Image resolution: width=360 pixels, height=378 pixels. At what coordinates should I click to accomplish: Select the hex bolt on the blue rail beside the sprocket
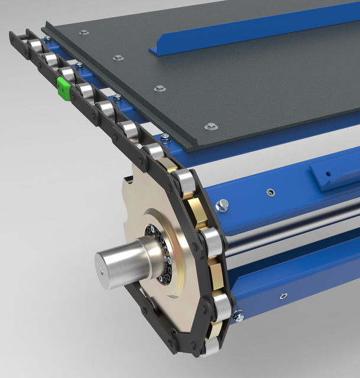(x=223, y=206)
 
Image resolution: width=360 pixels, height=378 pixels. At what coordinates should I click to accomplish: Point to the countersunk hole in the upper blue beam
(x=270, y=192)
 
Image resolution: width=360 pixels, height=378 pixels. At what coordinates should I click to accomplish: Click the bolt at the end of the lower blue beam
(x=238, y=317)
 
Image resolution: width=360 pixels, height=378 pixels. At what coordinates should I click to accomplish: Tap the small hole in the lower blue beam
(x=283, y=296)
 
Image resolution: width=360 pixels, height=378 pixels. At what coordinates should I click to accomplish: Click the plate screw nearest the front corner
(x=211, y=126)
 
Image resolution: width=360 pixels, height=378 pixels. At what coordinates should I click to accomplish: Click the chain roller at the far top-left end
(x=35, y=46)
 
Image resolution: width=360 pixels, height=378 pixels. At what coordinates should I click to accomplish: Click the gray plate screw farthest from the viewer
(x=83, y=32)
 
